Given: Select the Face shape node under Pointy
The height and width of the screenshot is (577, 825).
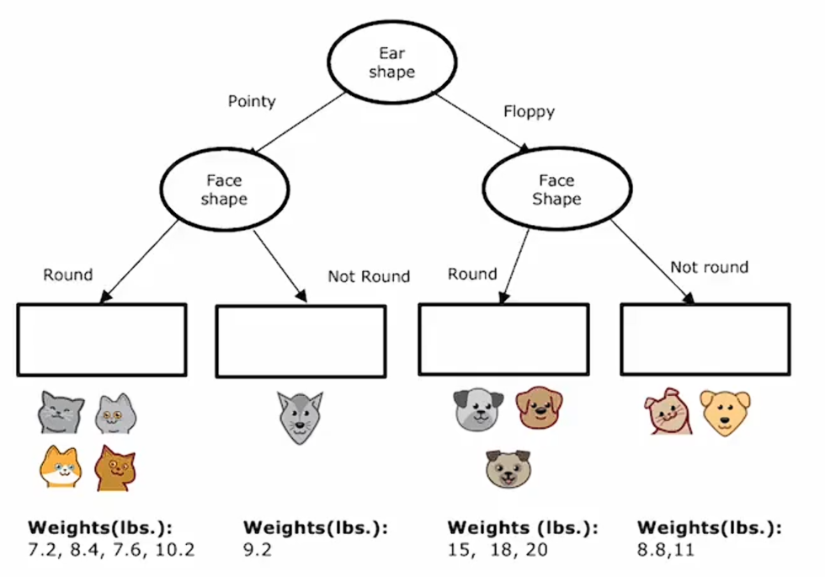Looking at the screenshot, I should [224, 190].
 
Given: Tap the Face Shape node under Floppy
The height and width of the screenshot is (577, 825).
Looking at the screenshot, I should [556, 190].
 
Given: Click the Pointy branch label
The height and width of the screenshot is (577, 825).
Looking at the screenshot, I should [252, 101].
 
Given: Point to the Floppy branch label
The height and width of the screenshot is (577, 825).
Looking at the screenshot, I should [529, 111].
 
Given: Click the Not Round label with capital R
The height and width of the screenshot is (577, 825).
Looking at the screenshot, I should [369, 276].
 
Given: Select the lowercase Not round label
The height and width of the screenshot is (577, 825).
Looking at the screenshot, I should [709, 267].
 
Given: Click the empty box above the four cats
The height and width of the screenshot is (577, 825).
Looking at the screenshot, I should [102, 339].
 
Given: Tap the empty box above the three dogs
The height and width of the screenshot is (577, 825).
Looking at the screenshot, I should [503, 339].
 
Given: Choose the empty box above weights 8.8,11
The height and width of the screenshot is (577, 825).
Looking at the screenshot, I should [705, 339].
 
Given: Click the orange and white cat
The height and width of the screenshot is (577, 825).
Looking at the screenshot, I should [61, 467].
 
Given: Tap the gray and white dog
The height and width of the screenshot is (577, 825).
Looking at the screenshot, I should [477, 409].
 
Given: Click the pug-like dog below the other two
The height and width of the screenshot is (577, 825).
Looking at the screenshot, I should [508, 468].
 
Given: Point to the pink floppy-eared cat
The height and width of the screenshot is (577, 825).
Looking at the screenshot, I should [669, 411].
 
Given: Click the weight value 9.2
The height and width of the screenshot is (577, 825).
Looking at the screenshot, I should [258, 551].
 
